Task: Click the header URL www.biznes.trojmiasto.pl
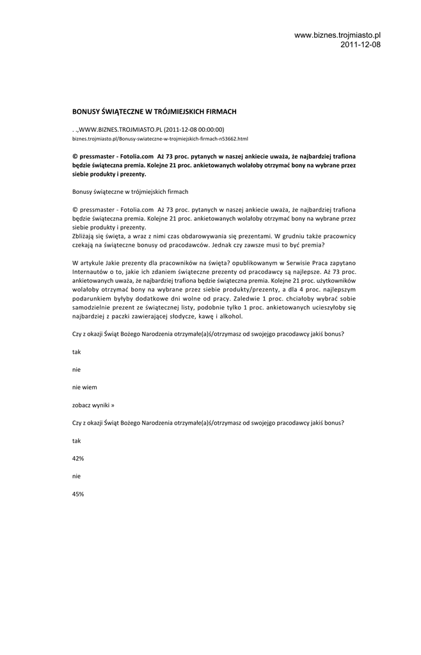pyautogui.click(x=337, y=35)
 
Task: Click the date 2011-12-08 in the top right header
pyautogui.click(x=360, y=45)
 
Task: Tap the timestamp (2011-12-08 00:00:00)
pyautogui.click(x=194, y=129)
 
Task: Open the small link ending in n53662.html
pyautogui.click(x=160, y=138)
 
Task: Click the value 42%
pyautogui.click(x=78, y=459)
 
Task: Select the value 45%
pyautogui.click(x=78, y=494)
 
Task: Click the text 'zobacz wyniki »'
pyautogui.click(x=93, y=405)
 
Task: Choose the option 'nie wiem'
pyautogui.click(x=84, y=387)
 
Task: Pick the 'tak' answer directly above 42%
pyautogui.click(x=77, y=441)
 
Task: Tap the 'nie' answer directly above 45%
pyautogui.click(x=77, y=476)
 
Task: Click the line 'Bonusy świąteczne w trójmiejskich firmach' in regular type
pyautogui.click(x=130, y=191)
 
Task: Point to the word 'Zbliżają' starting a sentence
pyautogui.click(x=86, y=235)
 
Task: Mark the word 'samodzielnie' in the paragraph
pyautogui.click(x=91, y=307)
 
